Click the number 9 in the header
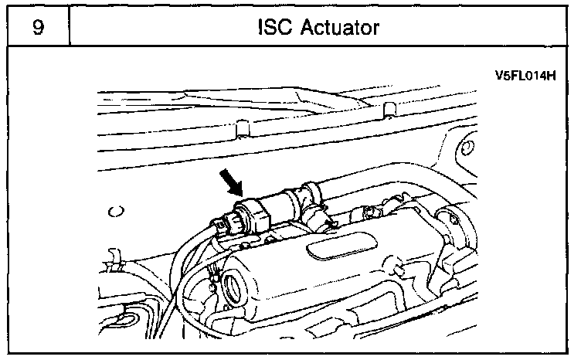pos(36,27)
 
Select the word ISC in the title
pos(275,28)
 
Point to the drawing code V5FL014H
pos(525,76)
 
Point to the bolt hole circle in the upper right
pos(467,147)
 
